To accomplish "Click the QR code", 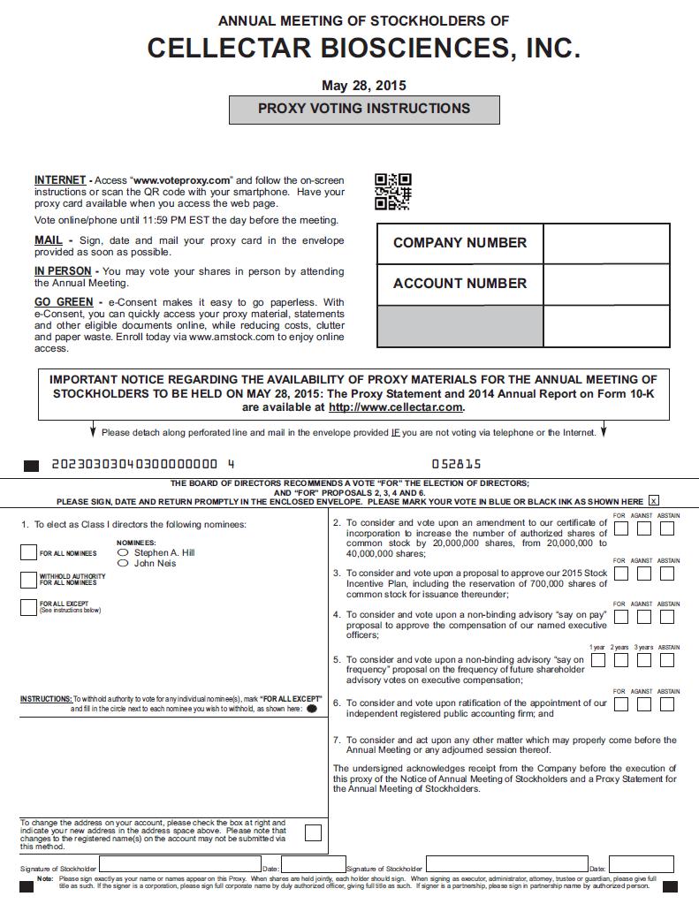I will pos(393,192).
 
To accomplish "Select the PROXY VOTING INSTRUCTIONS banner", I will pos(364,109).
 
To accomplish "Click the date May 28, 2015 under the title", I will pos(364,86).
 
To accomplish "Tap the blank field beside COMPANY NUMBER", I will pos(606,243).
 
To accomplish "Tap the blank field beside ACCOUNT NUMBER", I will pos(606,284).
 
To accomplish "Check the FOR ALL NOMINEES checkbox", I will pos(28,553).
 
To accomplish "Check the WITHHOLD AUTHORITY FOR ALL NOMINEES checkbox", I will pos(28,580).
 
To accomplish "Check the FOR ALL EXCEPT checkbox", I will pos(28,607).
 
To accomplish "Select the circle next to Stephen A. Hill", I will pos(123,552).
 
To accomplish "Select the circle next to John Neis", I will pos(123,563).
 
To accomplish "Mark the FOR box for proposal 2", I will pos(621,529).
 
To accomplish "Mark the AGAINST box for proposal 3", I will pos(644,574).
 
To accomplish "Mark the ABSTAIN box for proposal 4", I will pos(667,617).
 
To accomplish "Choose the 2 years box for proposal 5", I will pos(621,660).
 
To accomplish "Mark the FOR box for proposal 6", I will pos(621,704).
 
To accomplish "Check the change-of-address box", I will pos(312,832).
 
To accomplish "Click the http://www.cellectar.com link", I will pos(395,407).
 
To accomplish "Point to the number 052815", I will pos(456,464).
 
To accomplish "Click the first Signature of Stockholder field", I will pos(179,864).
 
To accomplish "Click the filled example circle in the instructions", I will pos(312,709).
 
